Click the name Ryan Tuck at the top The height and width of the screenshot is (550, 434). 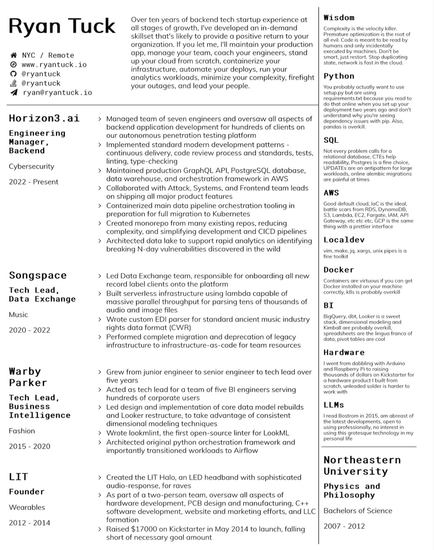(62, 27)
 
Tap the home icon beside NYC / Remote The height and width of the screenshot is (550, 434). (14, 55)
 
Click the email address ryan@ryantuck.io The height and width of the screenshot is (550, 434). (57, 92)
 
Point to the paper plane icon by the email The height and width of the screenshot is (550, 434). (14, 92)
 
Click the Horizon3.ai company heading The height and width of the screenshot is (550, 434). (44, 118)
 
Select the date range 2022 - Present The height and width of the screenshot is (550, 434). (33, 182)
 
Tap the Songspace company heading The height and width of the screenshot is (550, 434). (38, 275)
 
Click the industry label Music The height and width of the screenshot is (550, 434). (18, 315)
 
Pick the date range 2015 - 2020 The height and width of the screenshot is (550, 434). (29, 446)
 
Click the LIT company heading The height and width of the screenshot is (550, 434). (18, 477)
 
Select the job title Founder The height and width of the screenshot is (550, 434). (27, 492)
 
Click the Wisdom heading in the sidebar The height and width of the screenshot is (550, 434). (339, 18)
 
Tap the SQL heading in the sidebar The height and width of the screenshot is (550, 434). (331, 140)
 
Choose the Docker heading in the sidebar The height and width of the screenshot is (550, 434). (339, 270)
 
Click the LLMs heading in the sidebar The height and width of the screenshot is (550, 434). (334, 405)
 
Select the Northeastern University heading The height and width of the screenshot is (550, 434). (362, 465)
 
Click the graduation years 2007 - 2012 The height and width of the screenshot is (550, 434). (344, 526)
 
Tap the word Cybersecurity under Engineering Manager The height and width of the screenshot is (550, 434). (31, 166)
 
